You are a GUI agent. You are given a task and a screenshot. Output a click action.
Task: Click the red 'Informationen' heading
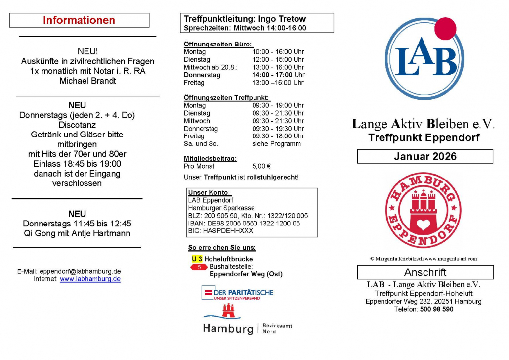click(x=79, y=20)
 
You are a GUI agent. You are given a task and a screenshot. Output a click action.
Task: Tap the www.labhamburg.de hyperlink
click(x=90, y=279)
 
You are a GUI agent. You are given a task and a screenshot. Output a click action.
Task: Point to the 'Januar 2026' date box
click(x=425, y=157)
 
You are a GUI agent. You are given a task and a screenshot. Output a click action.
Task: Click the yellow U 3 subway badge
click(x=197, y=259)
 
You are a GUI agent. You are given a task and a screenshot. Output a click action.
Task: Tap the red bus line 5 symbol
click(x=199, y=267)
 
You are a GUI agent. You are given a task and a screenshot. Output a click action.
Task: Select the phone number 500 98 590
click(x=437, y=310)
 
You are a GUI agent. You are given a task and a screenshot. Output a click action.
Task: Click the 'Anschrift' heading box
click(x=425, y=272)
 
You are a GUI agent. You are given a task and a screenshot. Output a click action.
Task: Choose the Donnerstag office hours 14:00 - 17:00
click(x=278, y=75)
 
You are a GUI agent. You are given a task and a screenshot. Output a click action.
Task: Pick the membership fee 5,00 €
click(x=261, y=167)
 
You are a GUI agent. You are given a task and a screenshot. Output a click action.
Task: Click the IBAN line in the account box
click(x=244, y=224)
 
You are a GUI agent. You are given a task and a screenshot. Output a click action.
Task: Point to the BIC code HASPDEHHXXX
click(x=220, y=231)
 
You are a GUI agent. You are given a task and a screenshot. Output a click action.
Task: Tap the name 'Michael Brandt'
click(x=87, y=81)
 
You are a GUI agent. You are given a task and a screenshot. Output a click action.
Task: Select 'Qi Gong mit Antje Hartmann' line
click(x=77, y=233)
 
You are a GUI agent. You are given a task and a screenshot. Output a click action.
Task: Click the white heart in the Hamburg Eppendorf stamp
click(x=424, y=225)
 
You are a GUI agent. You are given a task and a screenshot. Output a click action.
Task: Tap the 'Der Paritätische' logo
click(x=237, y=293)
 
